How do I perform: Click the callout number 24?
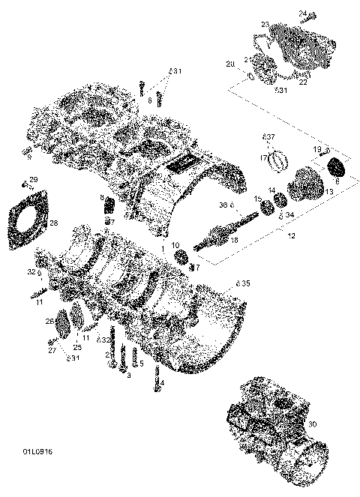[303, 13]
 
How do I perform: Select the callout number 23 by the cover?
[265, 25]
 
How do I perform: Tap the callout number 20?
[230, 64]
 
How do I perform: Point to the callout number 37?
[270, 137]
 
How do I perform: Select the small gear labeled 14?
[282, 201]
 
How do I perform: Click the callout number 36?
[223, 205]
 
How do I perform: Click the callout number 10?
[175, 246]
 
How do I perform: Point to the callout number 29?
[33, 179]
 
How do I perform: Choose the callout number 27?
[52, 349]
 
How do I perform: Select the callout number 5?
[141, 364]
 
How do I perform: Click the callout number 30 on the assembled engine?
[333, 424]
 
